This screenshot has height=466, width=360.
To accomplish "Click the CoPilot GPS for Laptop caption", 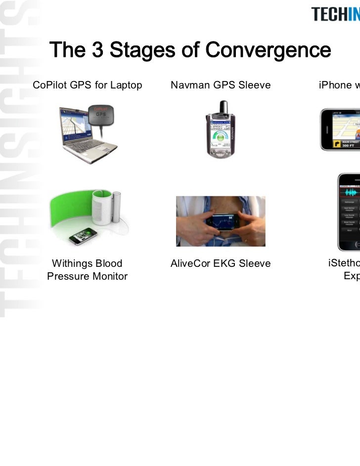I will [88, 85].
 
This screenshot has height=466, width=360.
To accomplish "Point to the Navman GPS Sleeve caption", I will [221, 85].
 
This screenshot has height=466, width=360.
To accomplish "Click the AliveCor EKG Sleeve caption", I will [221, 263].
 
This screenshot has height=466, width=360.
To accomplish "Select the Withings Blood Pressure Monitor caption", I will [87, 270].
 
